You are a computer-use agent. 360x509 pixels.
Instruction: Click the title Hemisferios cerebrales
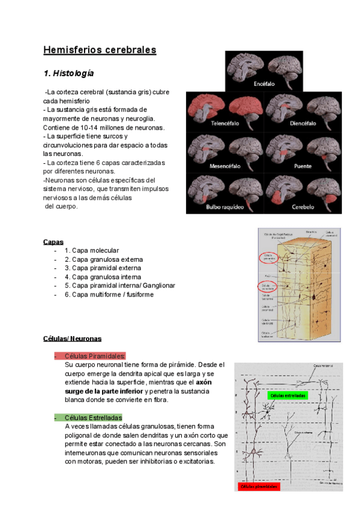point(100,50)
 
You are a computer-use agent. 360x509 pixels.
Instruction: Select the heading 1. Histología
point(68,73)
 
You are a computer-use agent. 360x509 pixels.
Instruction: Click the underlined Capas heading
point(53,242)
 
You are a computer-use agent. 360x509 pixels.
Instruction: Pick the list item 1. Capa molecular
point(92,250)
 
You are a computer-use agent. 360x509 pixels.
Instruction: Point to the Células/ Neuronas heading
point(72,339)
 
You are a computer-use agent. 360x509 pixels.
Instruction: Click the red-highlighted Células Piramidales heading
point(95,356)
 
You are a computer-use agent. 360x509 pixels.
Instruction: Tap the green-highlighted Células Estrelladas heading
point(93,417)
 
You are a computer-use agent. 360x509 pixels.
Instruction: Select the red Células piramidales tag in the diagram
point(259,487)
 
